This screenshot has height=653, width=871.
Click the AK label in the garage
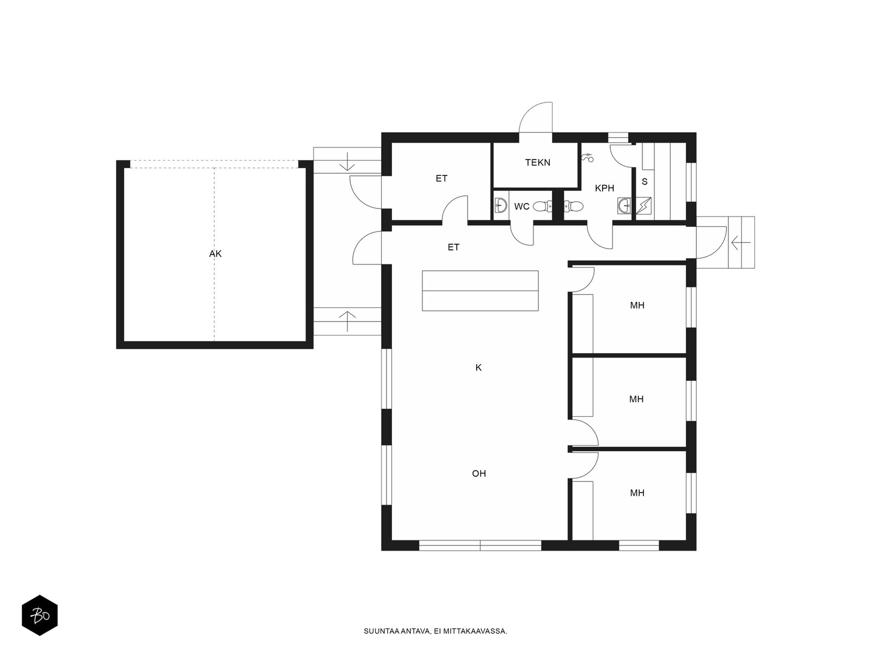[x=215, y=254]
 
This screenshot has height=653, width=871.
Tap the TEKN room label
[x=538, y=162]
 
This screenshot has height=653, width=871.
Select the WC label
[x=522, y=207]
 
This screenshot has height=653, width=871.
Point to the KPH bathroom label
[x=604, y=188]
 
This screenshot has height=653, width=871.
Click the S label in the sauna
[x=645, y=182]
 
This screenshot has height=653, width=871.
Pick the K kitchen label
[x=479, y=367]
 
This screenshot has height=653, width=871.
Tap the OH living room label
[x=479, y=473]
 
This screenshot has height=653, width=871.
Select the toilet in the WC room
[x=542, y=206]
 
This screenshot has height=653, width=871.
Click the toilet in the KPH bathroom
[x=573, y=206]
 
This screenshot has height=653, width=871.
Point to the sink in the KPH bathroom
[x=624, y=206]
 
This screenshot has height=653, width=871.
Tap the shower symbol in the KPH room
[x=587, y=157]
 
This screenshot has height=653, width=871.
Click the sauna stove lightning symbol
[x=643, y=206]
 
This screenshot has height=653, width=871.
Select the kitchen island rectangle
[x=480, y=291]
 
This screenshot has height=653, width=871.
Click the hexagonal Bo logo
[x=40, y=615]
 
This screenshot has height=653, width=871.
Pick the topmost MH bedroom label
[x=637, y=305]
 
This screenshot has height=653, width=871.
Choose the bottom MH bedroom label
[x=637, y=493]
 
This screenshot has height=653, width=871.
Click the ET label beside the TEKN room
[x=441, y=178]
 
